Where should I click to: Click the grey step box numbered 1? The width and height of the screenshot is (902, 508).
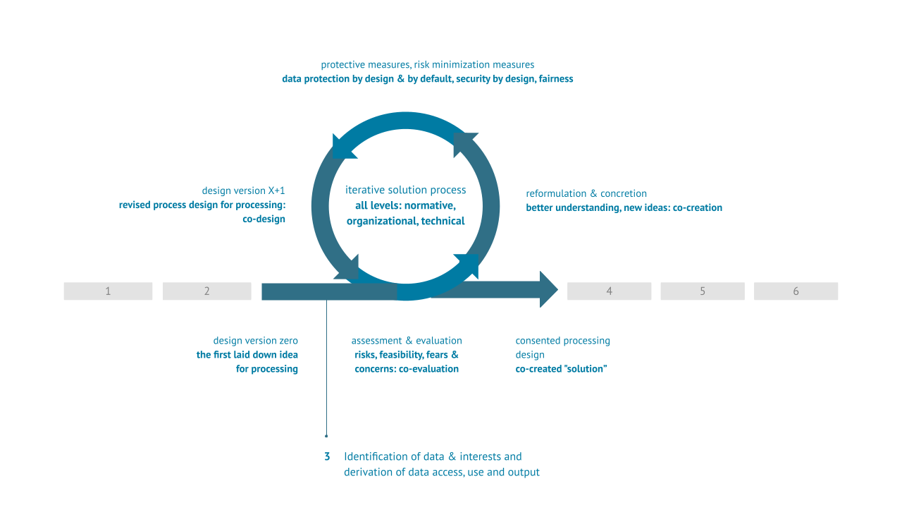(x=108, y=291)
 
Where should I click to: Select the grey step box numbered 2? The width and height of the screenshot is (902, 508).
(x=206, y=291)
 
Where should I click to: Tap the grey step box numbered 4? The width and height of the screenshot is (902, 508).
(x=609, y=291)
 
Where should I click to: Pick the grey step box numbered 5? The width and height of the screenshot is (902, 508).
(x=702, y=291)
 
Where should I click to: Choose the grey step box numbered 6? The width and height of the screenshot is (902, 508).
(x=796, y=291)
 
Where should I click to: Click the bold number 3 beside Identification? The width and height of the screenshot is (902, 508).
(x=327, y=456)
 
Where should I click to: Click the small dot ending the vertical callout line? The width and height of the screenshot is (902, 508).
(x=326, y=436)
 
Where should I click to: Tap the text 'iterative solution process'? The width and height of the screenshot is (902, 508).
(x=405, y=190)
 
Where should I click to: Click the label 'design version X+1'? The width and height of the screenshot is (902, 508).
(x=243, y=190)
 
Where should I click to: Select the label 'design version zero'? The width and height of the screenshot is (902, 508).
(x=255, y=341)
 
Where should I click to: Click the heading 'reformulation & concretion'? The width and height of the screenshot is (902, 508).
(x=586, y=193)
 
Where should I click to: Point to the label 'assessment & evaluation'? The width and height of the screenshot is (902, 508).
(x=407, y=341)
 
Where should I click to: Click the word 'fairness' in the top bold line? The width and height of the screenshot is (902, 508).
(x=556, y=79)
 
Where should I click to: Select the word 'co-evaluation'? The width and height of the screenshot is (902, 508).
(x=428, y=369)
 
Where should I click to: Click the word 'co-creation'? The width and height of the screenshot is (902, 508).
(x=697, y=207)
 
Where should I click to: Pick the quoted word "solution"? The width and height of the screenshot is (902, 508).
(x=581, y=369)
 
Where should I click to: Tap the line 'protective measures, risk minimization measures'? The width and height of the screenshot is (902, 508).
(x=427, y=65)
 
